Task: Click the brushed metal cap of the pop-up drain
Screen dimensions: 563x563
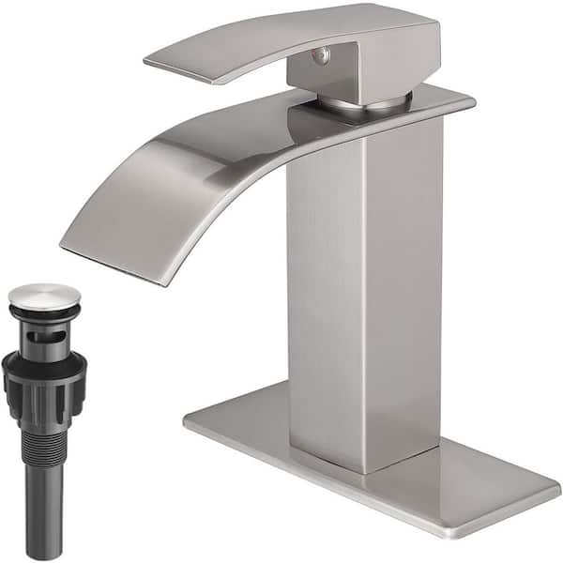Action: pyautogui.click(x=44, y=295)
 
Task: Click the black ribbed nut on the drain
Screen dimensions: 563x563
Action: pyautogui.click(x=44, y=380)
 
